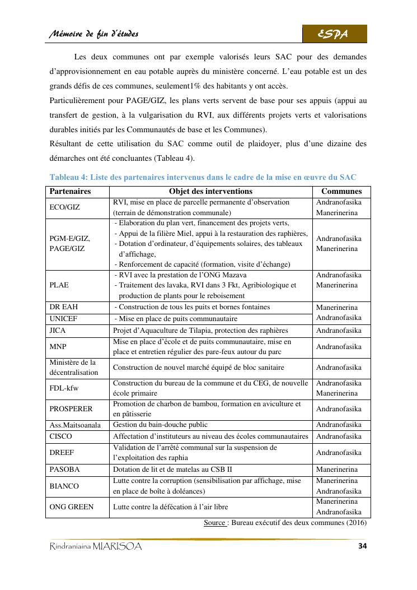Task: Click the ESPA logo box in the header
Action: [x=335, y=34]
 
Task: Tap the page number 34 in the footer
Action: [x=360, y=546]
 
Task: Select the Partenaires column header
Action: [x=71, y=192]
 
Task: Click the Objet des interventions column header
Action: [x=210, y=192]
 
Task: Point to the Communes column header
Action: [x=341, y=192]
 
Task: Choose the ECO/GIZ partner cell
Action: [x=65, y=207]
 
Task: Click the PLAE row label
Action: [x=59, y=285]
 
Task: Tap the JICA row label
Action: [x=58, y=331]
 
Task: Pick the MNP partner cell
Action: [x=58, y=346]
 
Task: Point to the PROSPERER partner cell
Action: [x=71, y=409]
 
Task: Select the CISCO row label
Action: [x=60, y=436]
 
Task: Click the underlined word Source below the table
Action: [x=214, y=523]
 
